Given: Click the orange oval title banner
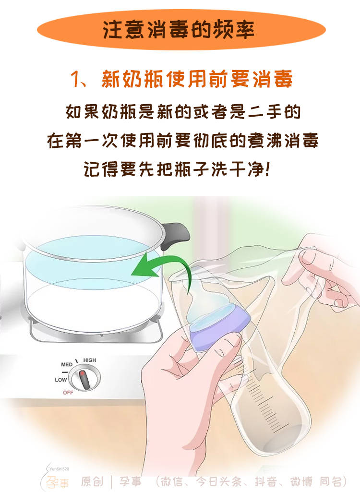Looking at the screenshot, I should coord(180,30).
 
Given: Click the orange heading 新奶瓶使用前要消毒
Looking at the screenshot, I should coord(197,79).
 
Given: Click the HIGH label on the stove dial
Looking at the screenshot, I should coord(90,360).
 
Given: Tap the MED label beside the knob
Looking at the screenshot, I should coord(67,365).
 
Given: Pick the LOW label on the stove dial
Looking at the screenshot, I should coord(60,380).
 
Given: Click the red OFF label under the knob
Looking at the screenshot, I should coord(68,392).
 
